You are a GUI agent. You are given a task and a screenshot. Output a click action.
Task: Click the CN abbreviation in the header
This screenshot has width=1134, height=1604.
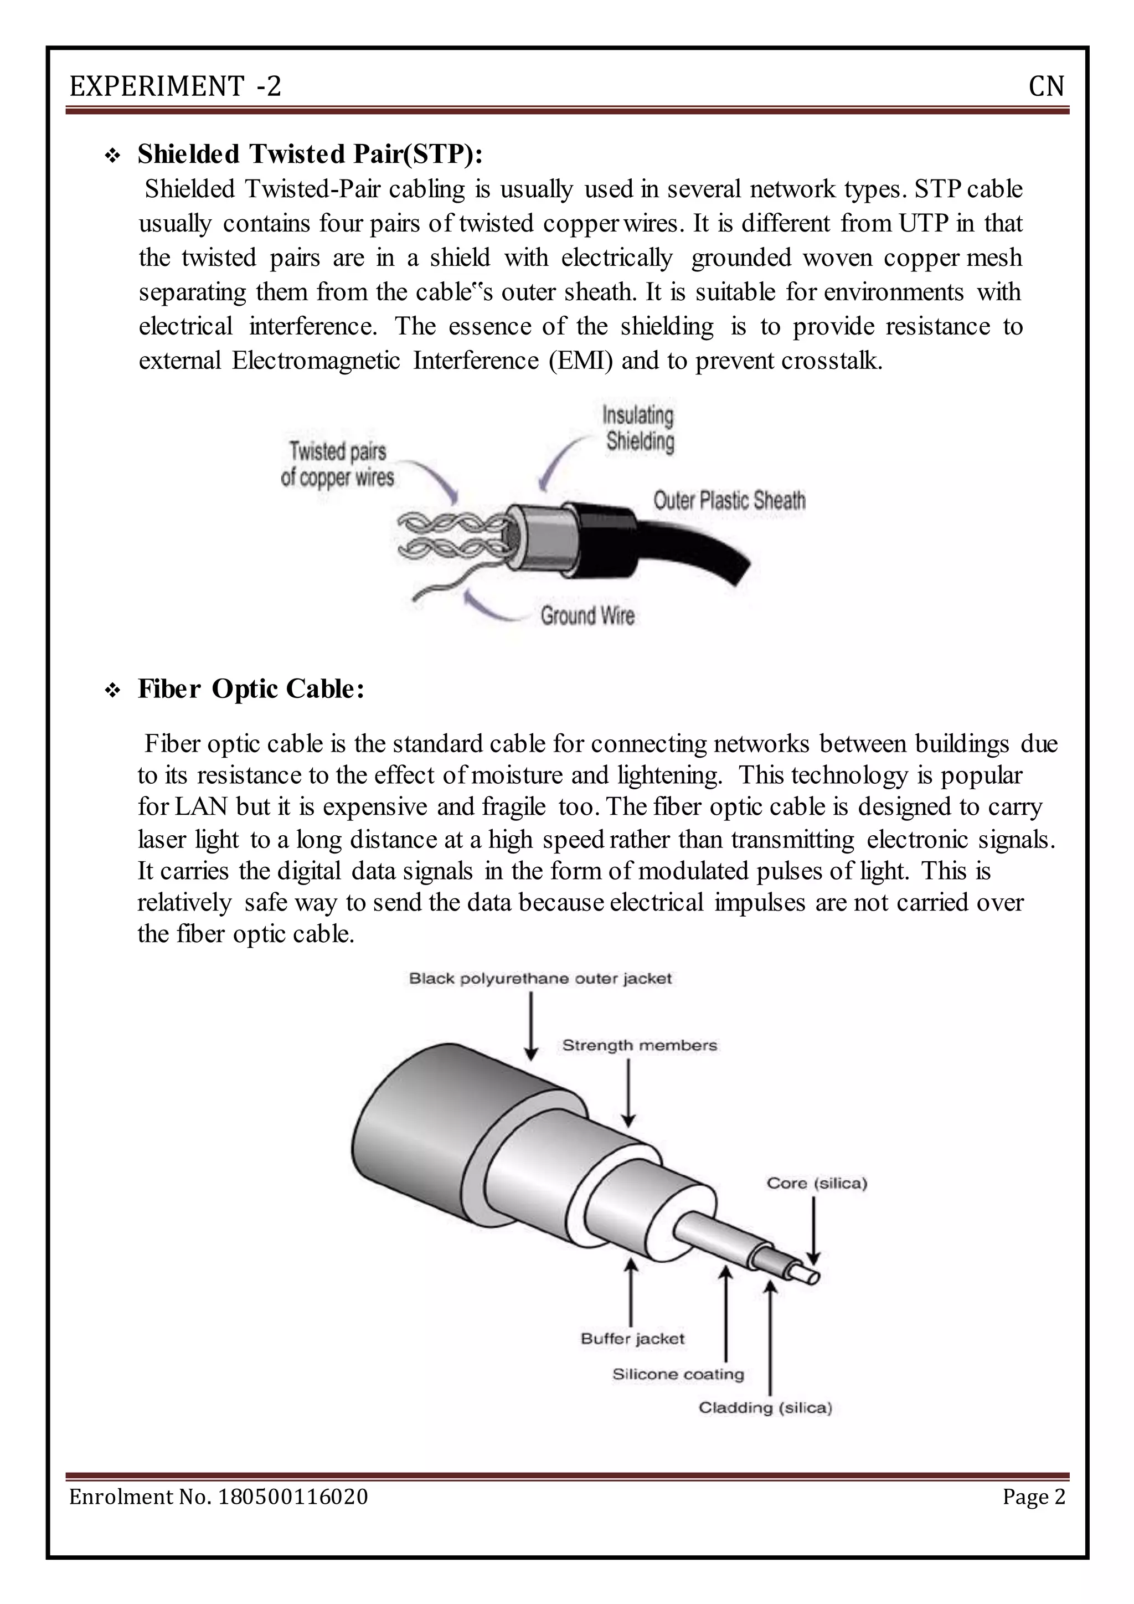[x=1046, y=86]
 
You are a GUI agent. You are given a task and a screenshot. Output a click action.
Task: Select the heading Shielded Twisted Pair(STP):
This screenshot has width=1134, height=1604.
[x=310, y=153]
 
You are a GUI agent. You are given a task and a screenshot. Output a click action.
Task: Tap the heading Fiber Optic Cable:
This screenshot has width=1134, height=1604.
[x=251, y=689]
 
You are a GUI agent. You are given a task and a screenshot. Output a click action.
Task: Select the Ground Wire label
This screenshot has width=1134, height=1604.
[x=587, y=615]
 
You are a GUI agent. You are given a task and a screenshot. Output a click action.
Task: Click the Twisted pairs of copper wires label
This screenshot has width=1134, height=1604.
[x=337, y=465]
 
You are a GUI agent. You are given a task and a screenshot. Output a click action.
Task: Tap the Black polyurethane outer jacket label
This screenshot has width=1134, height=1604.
[x=540, y=979]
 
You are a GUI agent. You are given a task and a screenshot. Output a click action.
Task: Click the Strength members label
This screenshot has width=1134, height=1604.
[x=639, y=1046]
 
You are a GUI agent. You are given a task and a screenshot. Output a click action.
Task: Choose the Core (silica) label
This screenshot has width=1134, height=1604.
[x=816, y=1184]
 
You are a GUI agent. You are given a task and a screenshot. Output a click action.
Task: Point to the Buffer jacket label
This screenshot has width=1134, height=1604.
[x=632, y=1339]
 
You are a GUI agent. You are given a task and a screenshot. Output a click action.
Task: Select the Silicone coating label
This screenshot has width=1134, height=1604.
[x=678, y=1374]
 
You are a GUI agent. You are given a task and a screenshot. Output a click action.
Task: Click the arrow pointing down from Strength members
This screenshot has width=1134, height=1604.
[x=628, y=1093]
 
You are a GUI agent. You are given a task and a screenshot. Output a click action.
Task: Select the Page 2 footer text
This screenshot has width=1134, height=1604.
[x=1033, y=1497]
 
